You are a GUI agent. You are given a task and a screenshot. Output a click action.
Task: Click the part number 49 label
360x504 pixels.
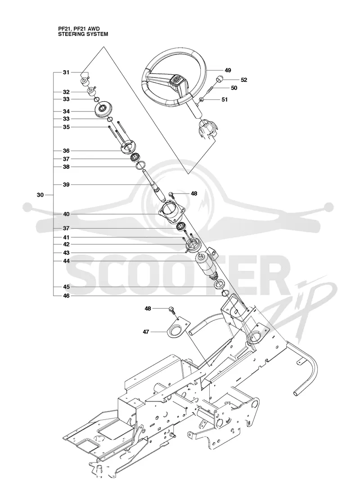point(228,70)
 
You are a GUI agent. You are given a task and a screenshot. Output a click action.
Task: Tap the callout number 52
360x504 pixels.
point(244,80)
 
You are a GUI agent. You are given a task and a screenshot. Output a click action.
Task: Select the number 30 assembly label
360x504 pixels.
point(40,195)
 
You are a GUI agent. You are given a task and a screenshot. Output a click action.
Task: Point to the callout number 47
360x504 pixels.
point(146,332)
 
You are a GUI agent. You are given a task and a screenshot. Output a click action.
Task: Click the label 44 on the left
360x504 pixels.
point(66,261)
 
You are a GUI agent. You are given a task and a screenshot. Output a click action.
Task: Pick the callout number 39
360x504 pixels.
point(66,185)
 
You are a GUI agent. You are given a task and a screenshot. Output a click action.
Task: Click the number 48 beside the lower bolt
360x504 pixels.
point(148,309)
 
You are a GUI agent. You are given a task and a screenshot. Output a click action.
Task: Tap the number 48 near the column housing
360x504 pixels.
point(194,194)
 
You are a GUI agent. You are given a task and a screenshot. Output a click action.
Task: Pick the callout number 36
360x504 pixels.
point(66,151)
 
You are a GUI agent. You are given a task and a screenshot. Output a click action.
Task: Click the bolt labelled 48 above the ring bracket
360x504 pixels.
point(171,310)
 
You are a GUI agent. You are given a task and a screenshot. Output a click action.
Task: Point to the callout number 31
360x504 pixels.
point(66,72)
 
